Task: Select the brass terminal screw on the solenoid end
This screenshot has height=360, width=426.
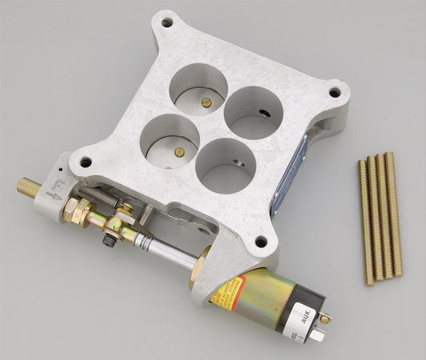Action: [325, 318]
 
